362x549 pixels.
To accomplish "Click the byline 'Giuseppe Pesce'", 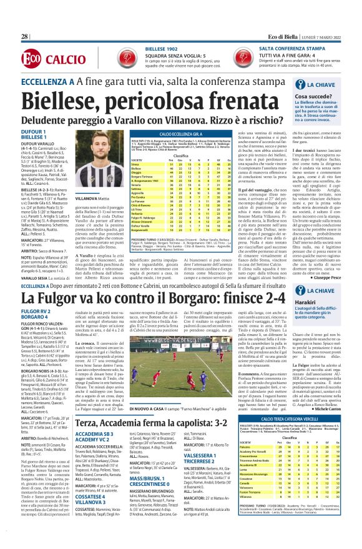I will point(328,259).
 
